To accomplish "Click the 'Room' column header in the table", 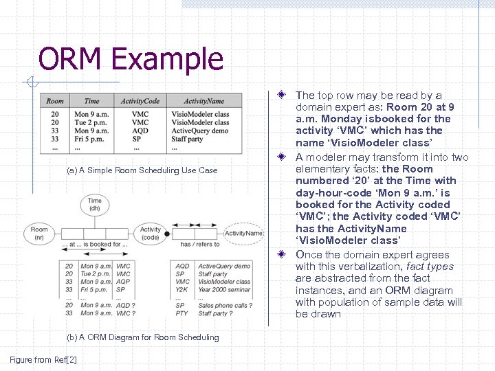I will pos(55,101).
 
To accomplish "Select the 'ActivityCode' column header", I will pos(140,101).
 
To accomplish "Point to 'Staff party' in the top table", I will pos(187,139).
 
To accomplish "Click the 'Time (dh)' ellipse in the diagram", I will pos(95,204).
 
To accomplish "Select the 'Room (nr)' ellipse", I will pos(39,233).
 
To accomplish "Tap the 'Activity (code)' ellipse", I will pos(150,233).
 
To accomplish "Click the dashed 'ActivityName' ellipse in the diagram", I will pos(244,233).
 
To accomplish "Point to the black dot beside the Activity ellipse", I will pos(166,236).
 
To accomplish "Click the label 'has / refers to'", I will pos(199,244).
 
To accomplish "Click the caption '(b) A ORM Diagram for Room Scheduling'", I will pos(143,337).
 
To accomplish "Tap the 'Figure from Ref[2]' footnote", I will pos(43,359).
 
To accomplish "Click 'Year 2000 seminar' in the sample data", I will pos(224,289).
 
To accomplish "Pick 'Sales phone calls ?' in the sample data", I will pos(225,305).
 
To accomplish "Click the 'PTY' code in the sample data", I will pos(181,313).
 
